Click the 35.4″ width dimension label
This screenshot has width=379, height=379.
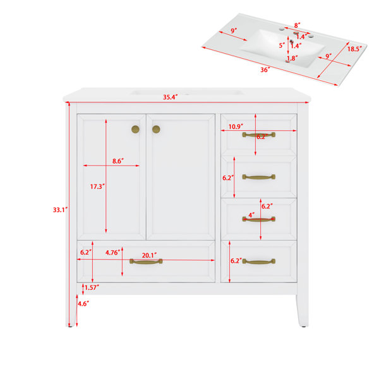[x=170, y=97]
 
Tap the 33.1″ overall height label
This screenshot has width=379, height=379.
[x=60, y=210]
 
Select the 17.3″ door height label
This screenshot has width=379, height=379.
[x=97, y=186]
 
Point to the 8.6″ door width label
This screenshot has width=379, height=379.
[x=118, y=161]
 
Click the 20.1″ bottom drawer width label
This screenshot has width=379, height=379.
[x=149, y=255]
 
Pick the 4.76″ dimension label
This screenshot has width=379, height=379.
[x=112, y=253]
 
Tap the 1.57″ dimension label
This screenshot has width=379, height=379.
[x=92, y=287]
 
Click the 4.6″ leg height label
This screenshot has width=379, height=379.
[x=83, y=304]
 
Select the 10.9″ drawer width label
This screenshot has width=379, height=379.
[x=236, y=126]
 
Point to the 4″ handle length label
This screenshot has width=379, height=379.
[x=251, y=215]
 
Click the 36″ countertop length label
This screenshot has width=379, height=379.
[x=265, y=70]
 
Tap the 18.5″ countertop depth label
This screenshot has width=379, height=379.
[x=354, y=49]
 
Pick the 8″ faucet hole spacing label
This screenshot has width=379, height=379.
[x=297, y=25]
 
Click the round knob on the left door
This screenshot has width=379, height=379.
[x=135, y=129]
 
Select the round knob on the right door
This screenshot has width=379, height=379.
[x=156, y=129]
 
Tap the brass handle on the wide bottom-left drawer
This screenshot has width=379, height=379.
[x=146, y=262]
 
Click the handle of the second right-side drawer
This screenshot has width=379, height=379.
[x=258, y=177]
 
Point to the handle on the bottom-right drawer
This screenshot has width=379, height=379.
[x=258, y=262]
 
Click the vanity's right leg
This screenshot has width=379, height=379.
[x=303, y=311]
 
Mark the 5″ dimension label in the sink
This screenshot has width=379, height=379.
[x=282, y=45]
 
